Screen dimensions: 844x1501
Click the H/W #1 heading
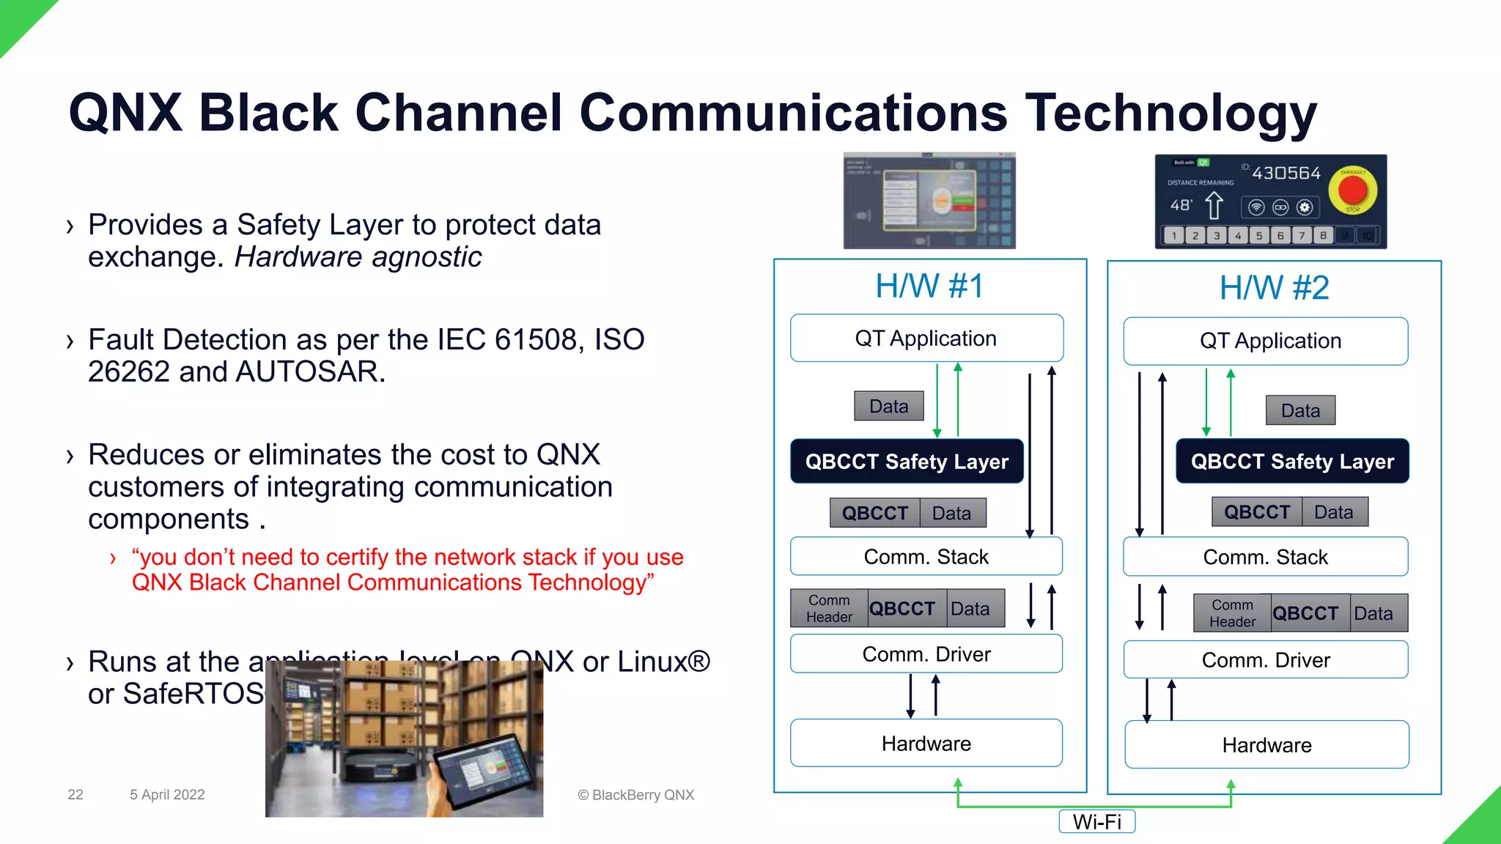(929, 286)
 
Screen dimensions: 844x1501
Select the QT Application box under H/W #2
(1266, 341)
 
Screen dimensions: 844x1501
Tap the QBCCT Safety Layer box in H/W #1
(907, 462)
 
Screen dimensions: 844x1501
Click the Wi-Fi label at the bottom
(1096, 821)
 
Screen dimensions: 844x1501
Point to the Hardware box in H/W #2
(1266, 745)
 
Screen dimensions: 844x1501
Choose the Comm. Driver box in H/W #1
(926, 654)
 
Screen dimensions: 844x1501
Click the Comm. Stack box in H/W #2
(1265, 557)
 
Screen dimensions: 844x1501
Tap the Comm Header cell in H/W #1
(829, 609)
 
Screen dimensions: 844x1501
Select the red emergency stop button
(1352, 190)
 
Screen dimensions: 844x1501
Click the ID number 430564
(1286, 174)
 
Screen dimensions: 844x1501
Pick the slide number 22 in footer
(75, 794)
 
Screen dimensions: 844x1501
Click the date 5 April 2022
(167, 794)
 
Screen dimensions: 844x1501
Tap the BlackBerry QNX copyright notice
(635, 795)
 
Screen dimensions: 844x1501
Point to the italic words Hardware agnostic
(358, 257)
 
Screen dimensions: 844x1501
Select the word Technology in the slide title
(1170, 114)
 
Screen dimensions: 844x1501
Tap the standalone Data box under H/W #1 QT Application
(888, 406)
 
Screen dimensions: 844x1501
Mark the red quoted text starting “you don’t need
(407, 569)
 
